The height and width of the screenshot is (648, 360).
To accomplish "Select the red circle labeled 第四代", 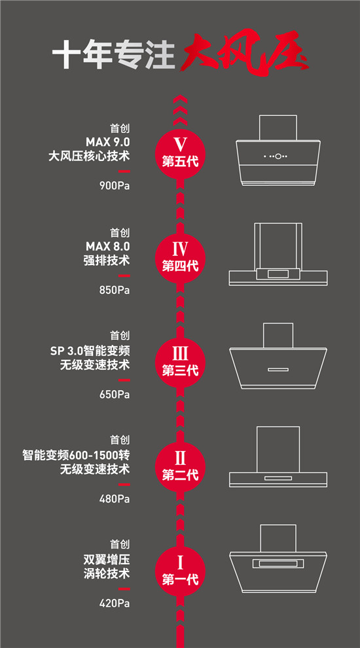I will (x=180, y=256).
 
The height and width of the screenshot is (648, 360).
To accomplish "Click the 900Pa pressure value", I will (x=115, y=186).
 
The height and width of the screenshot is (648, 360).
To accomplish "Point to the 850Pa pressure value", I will (x=115, y=290).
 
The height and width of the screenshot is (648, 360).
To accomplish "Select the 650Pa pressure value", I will (x=115, y=394).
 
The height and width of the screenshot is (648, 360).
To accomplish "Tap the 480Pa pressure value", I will (x=115, y=499).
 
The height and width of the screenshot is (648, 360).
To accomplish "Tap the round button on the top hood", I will (x=278, y=156).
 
